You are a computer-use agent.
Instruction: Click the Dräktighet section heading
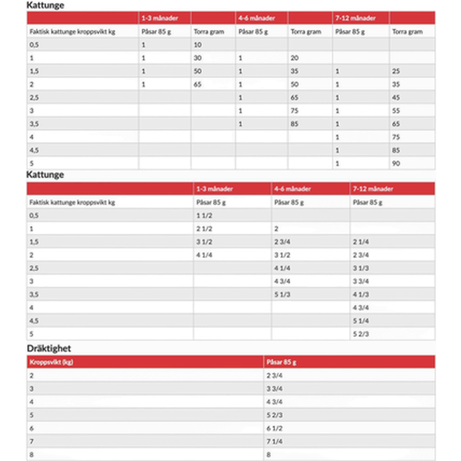point(49,348)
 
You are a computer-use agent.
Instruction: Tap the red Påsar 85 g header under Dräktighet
point(281,362)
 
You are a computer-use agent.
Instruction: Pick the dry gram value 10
point(198,45)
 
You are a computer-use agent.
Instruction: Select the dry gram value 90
point(396,164)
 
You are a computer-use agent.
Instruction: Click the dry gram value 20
point(294,58)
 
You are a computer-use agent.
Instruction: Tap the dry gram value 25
point(396,71)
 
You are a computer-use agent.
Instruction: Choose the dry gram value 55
point(396,110)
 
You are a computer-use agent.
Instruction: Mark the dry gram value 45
point(396,98)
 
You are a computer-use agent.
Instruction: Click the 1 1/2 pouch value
point(205,215)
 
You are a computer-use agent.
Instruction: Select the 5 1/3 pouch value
point(282,294)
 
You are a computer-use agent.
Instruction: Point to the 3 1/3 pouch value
point(360,268)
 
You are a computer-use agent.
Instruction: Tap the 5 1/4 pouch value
point(360,321)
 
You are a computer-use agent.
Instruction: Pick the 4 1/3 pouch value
point(360,294)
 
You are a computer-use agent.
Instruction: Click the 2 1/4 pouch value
point(360,242)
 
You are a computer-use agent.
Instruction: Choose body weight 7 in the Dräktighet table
point(32,441)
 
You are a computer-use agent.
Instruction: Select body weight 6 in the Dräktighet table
point(32,429)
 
